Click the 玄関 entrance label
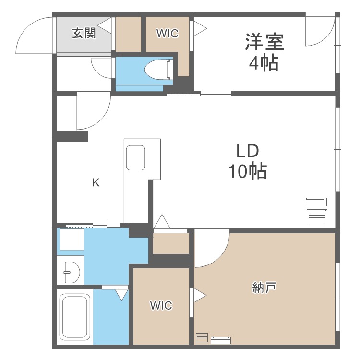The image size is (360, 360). click(x=84, y=34)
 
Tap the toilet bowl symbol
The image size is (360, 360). click(x=159, y=70)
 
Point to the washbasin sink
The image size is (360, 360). click(x=72, y=272)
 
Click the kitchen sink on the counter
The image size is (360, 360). click(x=135, y=158)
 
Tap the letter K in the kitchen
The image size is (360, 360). click(x=96, y=183)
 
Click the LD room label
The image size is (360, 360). click(x=248, y=151)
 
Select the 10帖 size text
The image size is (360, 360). click(x=248, y=171)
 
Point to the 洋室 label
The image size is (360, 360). click(x=264, y=42)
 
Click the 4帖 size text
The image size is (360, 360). click(x=264, y=62)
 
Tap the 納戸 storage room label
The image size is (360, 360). click(x=264, y=288)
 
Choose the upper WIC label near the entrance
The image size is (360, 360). click(x=168, y=34)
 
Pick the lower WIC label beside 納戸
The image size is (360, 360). click(x=161, y=305)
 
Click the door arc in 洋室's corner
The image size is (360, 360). click(x=325, y=37)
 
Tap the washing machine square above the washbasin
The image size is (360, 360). click(x=72, y=239)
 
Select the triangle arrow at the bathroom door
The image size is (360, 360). click(x=121, y=295)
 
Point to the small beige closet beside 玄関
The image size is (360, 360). click(x=128, y=34)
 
